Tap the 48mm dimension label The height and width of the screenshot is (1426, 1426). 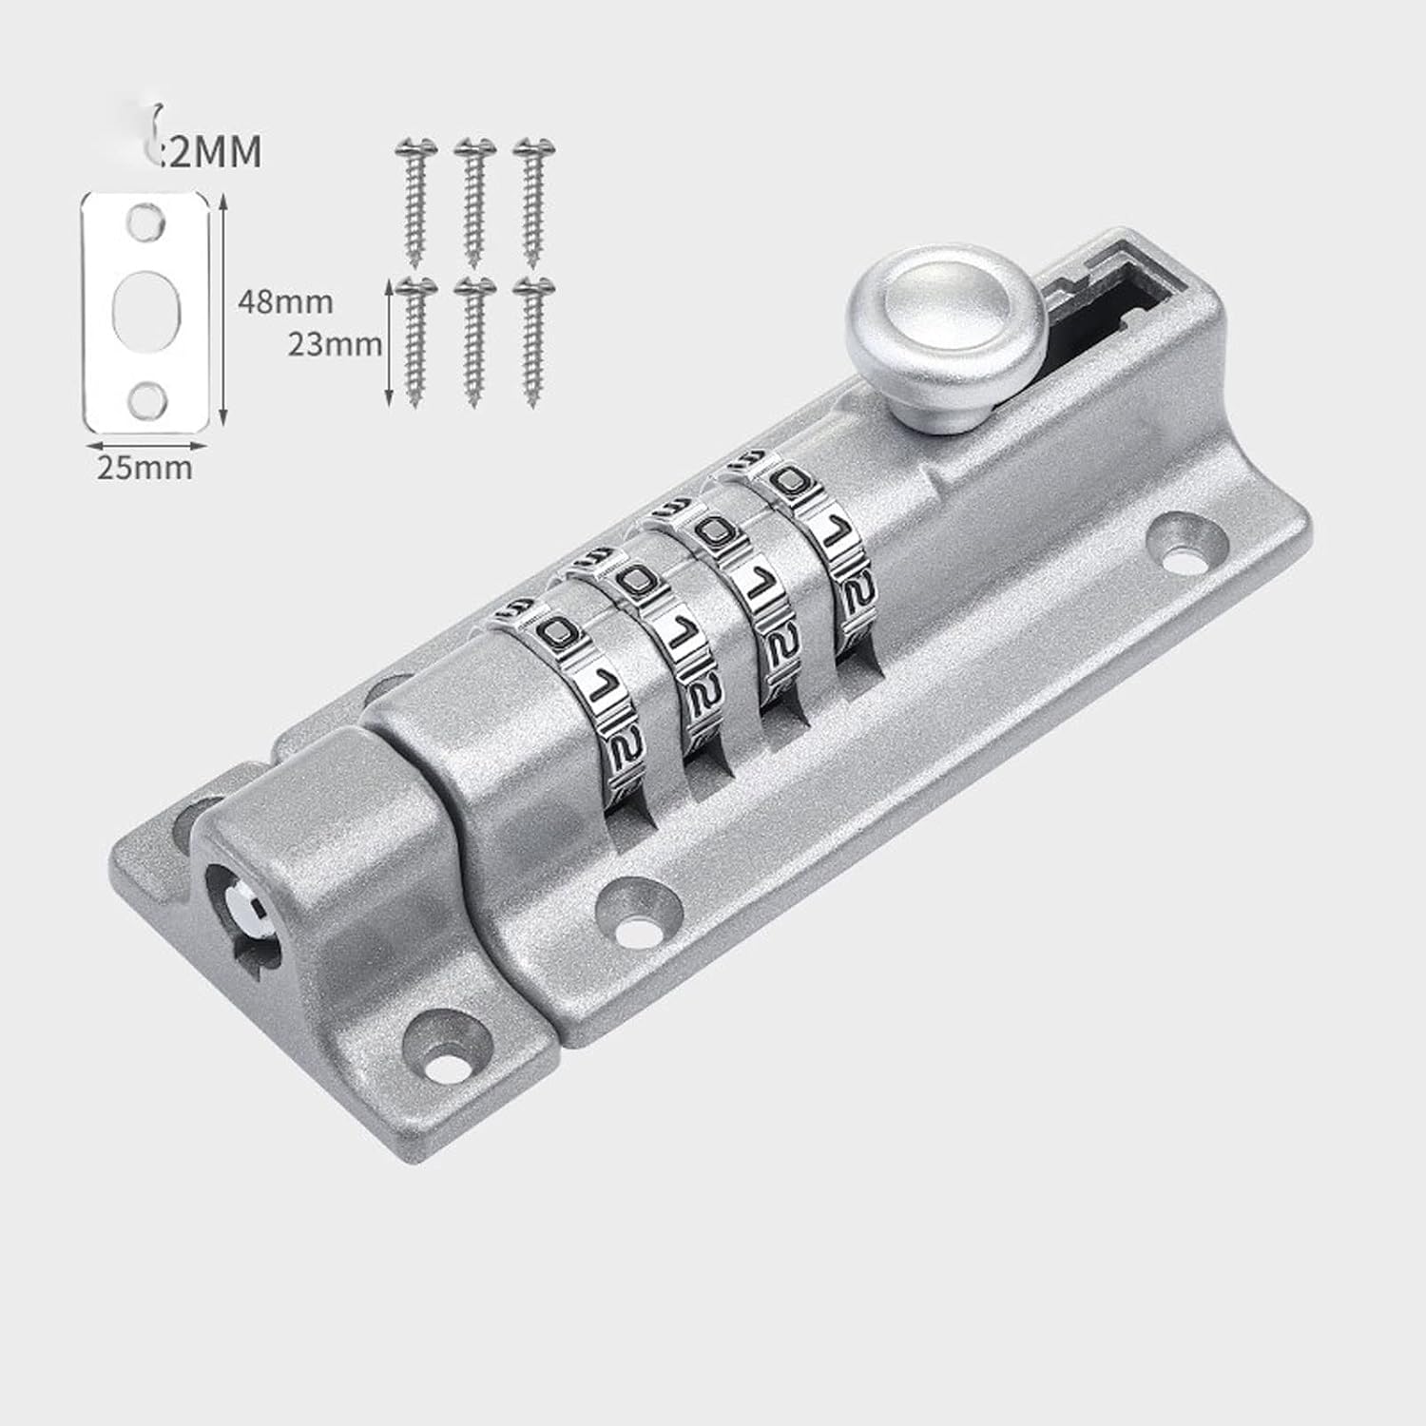pos(285,302)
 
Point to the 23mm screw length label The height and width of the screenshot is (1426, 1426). pos(335,343)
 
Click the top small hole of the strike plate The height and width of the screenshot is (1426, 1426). pos(145,220)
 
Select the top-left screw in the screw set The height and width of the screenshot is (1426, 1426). pos(414,200)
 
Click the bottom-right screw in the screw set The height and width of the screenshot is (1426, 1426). pos(532,342)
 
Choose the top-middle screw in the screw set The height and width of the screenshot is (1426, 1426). pos(472,200)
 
